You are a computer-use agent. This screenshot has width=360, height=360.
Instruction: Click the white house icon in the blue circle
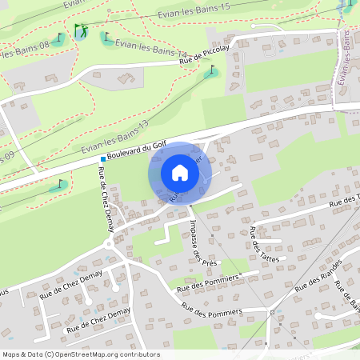click(x=180, y=172)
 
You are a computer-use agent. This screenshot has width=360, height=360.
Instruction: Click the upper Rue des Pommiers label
click(x=209, y=282)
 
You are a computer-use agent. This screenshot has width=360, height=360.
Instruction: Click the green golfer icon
click(x=79, y=31)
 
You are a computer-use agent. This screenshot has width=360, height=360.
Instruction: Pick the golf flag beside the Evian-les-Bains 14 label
click(x=106, y=36)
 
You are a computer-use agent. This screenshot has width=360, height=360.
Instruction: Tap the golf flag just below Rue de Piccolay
click(x=211, y=72)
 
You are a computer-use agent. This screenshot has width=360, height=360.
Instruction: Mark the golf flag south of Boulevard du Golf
click(x=58, y=185)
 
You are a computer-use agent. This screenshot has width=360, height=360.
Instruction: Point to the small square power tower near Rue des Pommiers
click(x=272, y=312)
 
